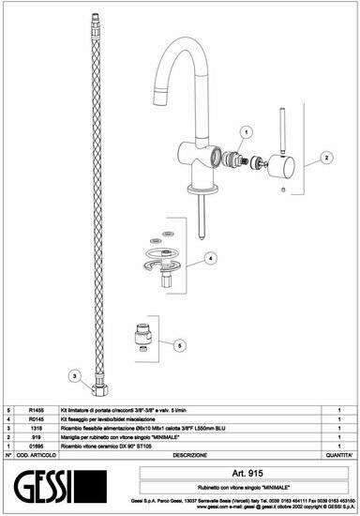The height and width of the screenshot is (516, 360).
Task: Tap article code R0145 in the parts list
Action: (35, 419)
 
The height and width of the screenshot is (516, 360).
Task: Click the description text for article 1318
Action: (150, 428)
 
